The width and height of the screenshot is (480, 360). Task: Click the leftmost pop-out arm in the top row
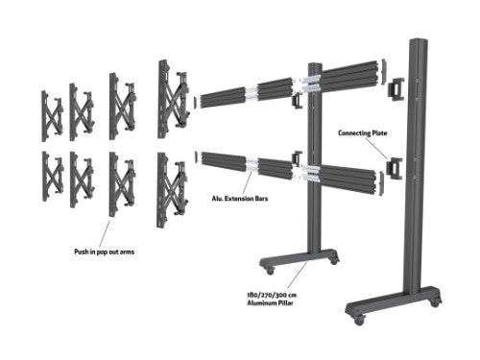[51, 113]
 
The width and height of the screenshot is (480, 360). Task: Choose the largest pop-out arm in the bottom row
[170, 188]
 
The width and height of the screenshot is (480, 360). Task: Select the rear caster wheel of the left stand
[332, 260]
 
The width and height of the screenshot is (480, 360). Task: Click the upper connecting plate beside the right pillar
[396, 89]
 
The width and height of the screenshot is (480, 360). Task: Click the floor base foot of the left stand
[298, 256]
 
